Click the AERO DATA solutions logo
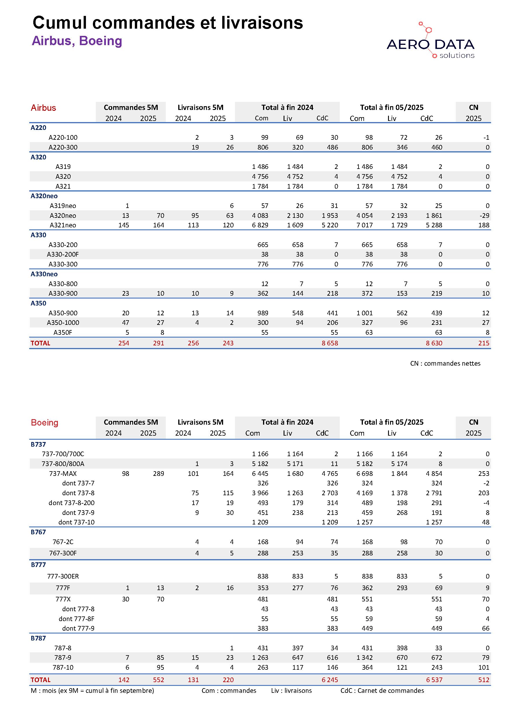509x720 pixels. [x=431, y=40]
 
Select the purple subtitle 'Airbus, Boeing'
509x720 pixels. [x=77, y=41]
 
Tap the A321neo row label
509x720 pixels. [x=63, y=225]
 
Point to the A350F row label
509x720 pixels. [x=63, y=332]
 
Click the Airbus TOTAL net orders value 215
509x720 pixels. [x=484, y=343]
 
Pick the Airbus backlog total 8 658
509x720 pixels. [x=330, y=343]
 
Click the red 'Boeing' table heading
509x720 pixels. [x=45, y=422]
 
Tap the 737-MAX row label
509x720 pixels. [x=63, y=474]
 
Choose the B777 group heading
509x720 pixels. [x=38, y=565]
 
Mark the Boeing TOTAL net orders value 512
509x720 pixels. [x=484, y=680]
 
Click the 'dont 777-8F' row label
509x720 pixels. [x=76, y=619]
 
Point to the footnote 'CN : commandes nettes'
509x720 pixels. [x=445, y=363]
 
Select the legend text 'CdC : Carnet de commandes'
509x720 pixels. [x=382, y=690]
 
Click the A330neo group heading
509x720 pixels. [x=44, y=274]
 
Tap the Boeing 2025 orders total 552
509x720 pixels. [x=158, y=680]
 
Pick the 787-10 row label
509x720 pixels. [x=63, y=667]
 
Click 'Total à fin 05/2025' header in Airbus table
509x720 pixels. [x=392, y=108]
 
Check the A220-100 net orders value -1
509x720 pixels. [x=486, y=137]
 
